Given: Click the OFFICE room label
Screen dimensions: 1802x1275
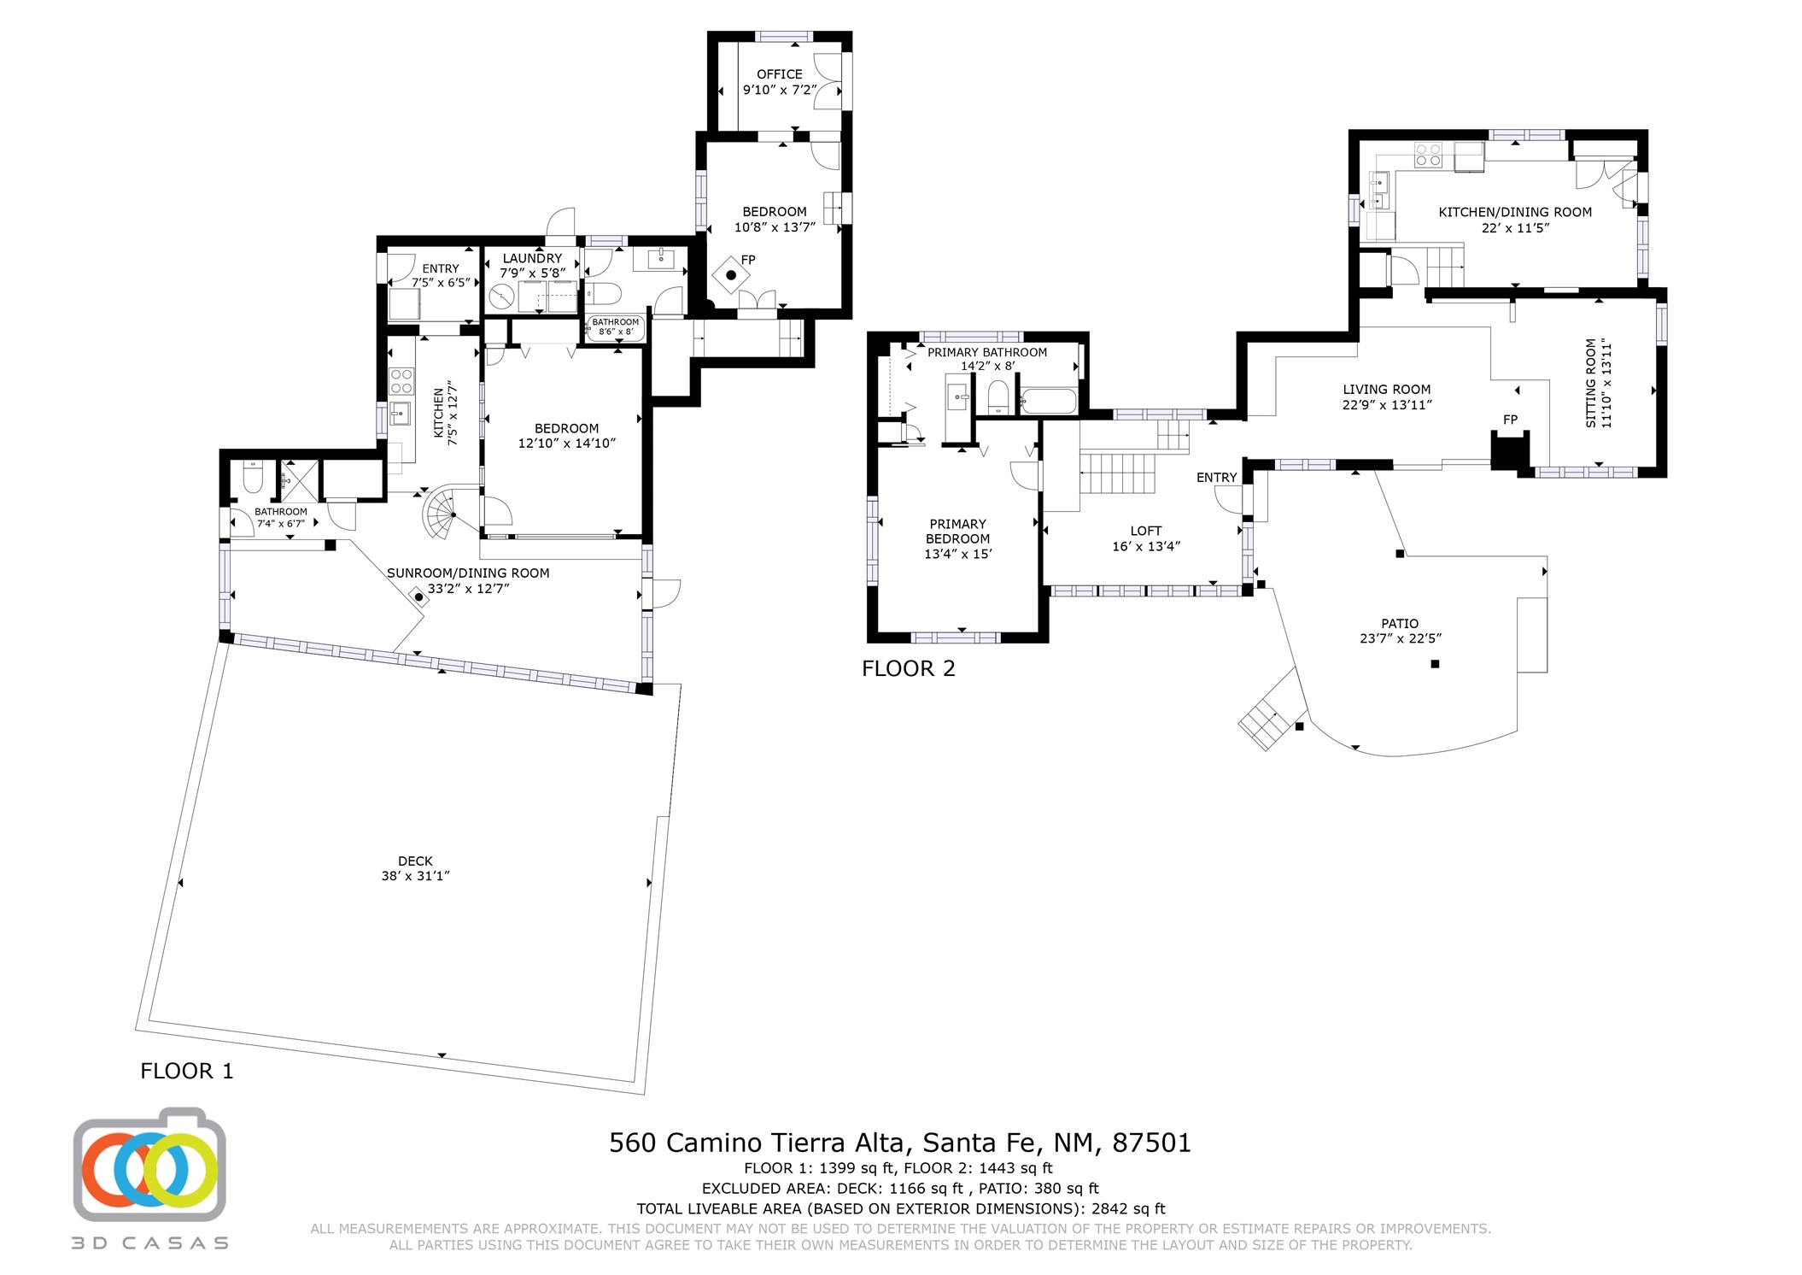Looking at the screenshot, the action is point(779,74).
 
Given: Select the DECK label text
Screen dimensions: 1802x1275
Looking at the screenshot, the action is point(415,861).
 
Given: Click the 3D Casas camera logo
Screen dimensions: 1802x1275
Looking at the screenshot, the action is point(149,1164).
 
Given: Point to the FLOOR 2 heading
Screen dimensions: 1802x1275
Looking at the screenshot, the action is point(908,668).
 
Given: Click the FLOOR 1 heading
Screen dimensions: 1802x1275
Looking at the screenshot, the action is point(186,1071).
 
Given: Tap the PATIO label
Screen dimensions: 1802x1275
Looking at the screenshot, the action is point(1400,624).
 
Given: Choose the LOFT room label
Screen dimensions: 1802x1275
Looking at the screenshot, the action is point(1145,531).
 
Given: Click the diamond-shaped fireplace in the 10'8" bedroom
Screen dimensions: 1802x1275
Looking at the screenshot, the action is point(731,275).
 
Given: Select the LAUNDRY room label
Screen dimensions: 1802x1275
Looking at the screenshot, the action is point(532,258).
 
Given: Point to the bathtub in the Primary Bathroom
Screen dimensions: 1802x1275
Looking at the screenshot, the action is point(1049,401).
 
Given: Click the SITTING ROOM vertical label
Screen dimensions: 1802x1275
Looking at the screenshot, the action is point(1591,383).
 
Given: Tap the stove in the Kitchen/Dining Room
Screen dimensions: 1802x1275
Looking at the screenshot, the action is point(1428,155).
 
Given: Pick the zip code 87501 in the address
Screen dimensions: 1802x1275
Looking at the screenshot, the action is point(1151,1143).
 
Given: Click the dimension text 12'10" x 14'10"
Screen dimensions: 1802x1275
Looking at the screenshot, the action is point(566,444).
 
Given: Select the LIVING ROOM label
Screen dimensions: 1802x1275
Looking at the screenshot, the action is point(1386,390).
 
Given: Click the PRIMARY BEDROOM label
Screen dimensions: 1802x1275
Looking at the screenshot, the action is point(957,532).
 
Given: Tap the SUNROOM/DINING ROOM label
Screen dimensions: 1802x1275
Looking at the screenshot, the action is point(468,573).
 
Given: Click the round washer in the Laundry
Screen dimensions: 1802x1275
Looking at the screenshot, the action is point(501,297).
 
